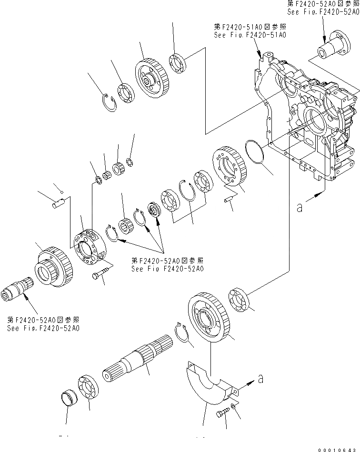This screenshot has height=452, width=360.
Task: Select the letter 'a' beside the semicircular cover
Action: click(x=260, y=380)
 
